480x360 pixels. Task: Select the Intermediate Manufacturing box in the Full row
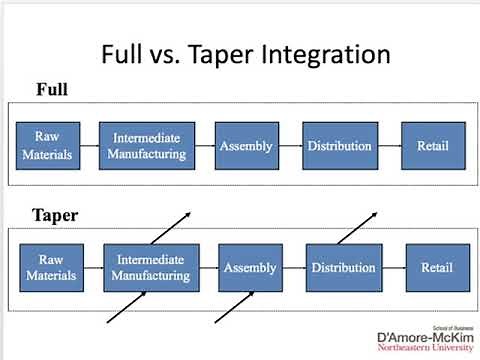coord(149,146)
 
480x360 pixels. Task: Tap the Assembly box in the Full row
coord(246,146)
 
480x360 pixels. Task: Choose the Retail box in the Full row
coord(432,146)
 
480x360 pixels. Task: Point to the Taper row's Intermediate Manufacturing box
coord(151,267)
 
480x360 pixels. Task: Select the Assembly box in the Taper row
coord(249,267)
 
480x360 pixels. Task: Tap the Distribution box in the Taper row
coord(343,267)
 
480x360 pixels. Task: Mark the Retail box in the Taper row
coord(436,267)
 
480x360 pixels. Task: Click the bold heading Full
coord(52,90)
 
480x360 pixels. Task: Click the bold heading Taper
coord(56,215)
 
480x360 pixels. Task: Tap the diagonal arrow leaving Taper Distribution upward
coord(356,228)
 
